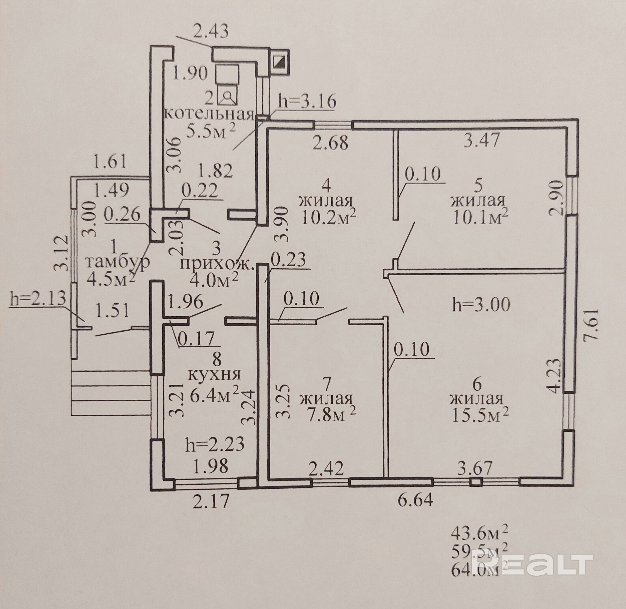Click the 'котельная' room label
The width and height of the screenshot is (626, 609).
click(210, 114)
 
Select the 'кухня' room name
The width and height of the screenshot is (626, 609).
click(215, 374)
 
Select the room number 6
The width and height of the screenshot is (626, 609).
click(477, 385)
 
